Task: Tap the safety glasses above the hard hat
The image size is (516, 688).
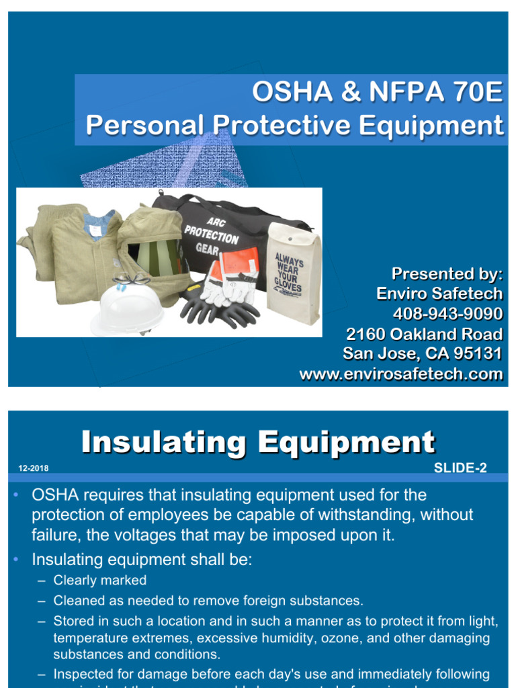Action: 131,279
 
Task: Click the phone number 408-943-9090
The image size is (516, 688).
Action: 447,314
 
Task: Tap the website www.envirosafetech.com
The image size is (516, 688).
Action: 401,374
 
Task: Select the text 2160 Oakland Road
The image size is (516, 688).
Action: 424,334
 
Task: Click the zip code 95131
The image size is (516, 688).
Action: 478,354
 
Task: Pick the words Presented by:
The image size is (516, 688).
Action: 447,274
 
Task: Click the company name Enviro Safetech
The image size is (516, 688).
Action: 447,294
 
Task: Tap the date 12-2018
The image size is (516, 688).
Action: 30,468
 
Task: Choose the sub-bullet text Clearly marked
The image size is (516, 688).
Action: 100,580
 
